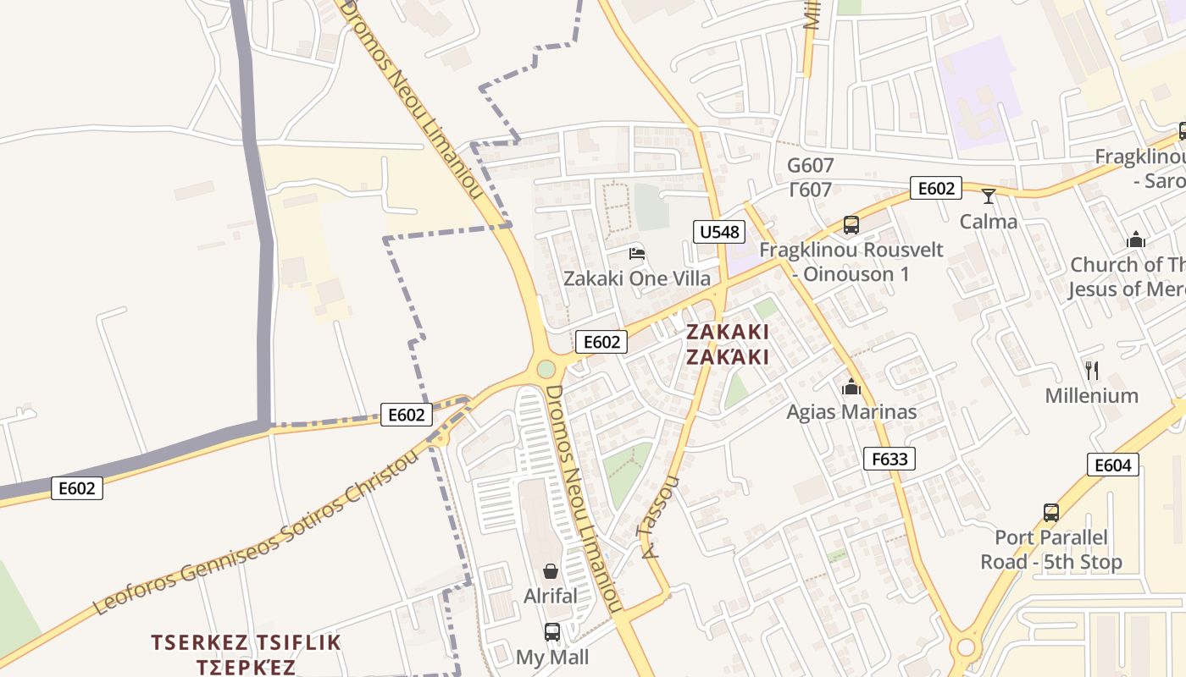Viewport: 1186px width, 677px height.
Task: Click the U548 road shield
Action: pyautogui.click(x=719, y=232)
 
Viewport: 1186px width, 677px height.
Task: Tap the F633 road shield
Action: pyautogui.click(x=890, y=459)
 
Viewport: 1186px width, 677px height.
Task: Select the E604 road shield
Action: pyautogui.click(x=1113, y=465)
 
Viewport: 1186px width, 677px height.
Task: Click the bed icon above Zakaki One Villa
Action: pyautogui.click(x=637, y=253)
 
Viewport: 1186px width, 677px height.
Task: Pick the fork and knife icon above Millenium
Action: pyautogui.click(x=1092, y=370)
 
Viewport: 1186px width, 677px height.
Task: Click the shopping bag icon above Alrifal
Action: pyautogui.click(x=551, y=571)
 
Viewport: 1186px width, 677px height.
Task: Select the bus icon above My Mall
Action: pyautogui.click(x=551, y=631)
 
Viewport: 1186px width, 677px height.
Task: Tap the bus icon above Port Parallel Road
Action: pyautogui.click(x=1051, y=513)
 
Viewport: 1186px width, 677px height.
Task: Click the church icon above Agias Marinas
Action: pyautogui.click(x=851, y=388)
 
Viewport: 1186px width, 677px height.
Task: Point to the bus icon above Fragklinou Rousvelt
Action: pyautogui.click(x=851, y=225)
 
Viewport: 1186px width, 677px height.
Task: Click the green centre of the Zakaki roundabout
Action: pyautogui.click(x=546, y=369)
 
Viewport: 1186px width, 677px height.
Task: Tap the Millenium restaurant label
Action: pyautogui.click(x=1091, y=395)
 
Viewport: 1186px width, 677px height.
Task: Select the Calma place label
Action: pyautogui.click(x=989, y=222)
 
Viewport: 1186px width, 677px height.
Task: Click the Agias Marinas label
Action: pyautogui.click(x=851, y=412)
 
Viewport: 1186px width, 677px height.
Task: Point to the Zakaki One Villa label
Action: pyautogui.click(x=637, y=278)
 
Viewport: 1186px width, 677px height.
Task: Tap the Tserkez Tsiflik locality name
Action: pyautogui.click(x=246, y=642)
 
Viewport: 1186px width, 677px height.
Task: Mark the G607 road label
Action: pyautogui.click(x=810, y=166)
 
